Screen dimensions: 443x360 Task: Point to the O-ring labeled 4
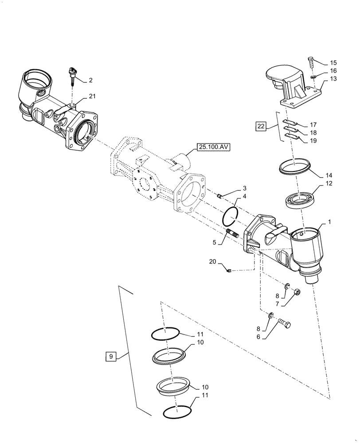click(231, 216)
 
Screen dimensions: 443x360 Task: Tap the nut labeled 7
click(297, 291)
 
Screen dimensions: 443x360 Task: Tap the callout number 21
click(91, 97)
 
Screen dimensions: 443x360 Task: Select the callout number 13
click(333, 79)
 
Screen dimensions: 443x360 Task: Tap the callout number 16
click(333, 71)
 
